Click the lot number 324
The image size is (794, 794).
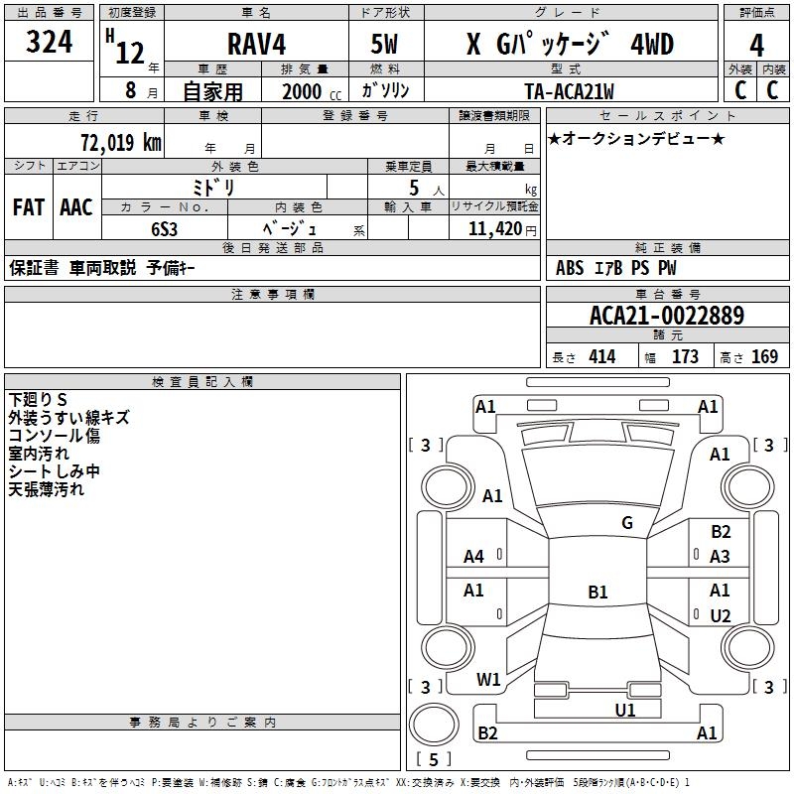(x=49, y=44)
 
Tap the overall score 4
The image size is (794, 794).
(x=756, y=45)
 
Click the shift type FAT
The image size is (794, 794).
(x=28, y=207)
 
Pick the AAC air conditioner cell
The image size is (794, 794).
(x=75, y=207)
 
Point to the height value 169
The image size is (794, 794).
(x=763, y=357)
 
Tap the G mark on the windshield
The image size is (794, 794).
(x=626, y=523)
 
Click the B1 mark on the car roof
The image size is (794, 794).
(x=597, y=593)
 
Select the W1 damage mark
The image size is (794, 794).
(x=488, y=680)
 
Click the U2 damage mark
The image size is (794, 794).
(x=720, y=616)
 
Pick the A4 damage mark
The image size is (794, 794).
(x=473, y=557)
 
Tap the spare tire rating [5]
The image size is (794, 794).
(x=433, y=760)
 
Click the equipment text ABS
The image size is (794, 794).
(x=570, y=268)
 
